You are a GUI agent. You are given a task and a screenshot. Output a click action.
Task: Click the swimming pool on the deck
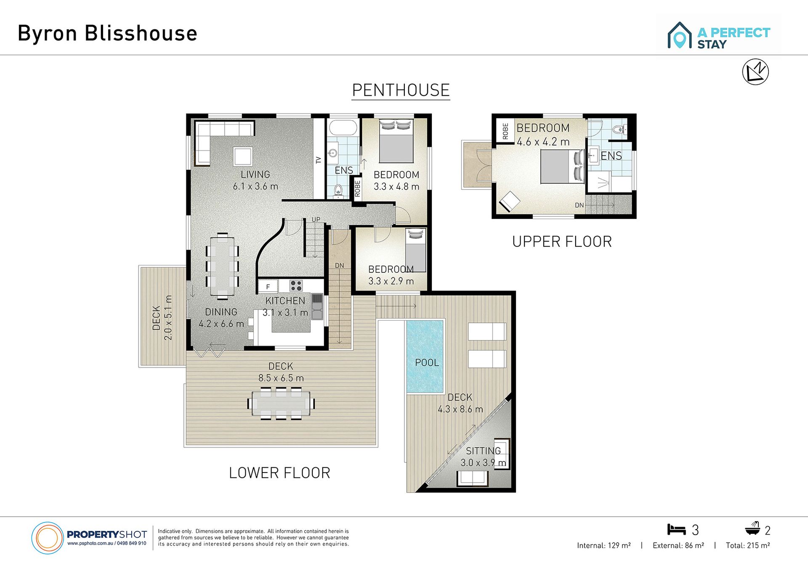425,356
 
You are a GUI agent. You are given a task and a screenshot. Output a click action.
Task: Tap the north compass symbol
755,72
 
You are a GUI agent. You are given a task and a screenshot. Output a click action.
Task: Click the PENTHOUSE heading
401,90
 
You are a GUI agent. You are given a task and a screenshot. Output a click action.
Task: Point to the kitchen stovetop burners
296,286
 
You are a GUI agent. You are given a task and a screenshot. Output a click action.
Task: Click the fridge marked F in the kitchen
268,287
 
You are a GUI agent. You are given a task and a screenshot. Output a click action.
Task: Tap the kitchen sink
317,306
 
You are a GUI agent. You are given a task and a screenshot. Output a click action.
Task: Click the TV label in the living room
318,160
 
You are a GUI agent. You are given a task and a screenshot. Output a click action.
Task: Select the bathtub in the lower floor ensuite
343,127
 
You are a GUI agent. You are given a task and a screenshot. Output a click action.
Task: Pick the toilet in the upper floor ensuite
618,129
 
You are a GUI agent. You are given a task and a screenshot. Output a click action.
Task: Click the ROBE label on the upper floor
505,131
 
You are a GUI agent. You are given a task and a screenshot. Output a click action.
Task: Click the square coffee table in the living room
243,157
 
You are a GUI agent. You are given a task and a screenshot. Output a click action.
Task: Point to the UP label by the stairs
316,219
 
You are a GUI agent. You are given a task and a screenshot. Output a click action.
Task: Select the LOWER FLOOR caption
279,473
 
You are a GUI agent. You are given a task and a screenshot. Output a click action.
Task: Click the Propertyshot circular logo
47,538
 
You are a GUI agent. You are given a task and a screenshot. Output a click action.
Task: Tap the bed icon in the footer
676,529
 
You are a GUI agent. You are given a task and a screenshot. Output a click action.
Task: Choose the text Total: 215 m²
748,546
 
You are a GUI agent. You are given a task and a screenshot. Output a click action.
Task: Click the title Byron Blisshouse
107,33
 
